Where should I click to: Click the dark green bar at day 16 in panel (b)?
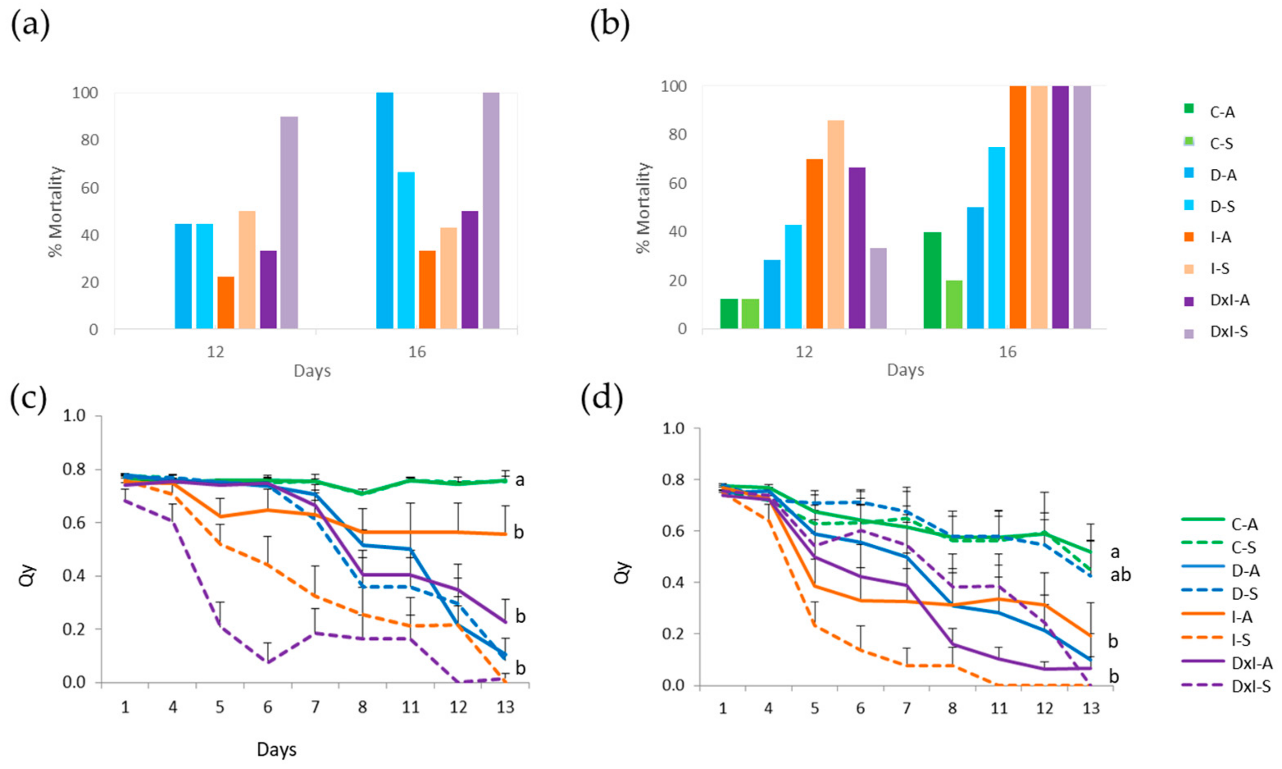tap(932, 280)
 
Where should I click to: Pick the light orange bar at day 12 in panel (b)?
tap(836, 224)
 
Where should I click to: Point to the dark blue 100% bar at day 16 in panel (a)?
tap(384, 210)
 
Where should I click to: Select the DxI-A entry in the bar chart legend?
tap(1230, 300)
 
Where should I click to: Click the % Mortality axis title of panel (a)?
tap(55, 212)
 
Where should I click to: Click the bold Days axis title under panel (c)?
tap(277, 749)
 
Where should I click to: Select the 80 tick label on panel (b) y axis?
tap(673, 135)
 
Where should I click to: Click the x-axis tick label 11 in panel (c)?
tap(410, 708)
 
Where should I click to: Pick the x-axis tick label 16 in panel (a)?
tap(417, 353)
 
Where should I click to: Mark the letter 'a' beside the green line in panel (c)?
tap(520, 480)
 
